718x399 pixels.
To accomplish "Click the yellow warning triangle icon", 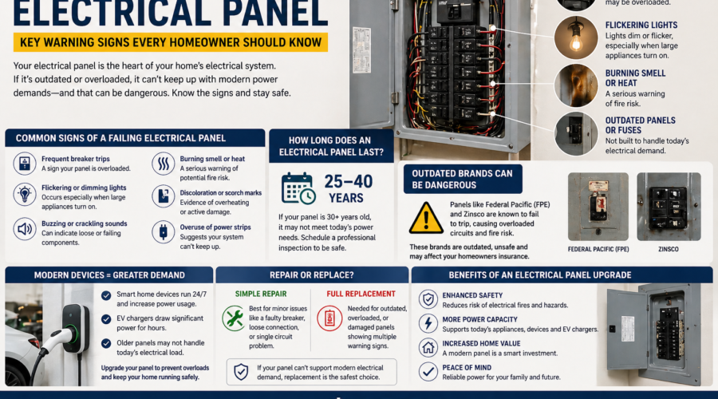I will (426, 217).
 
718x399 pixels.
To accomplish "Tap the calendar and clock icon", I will (298, 188).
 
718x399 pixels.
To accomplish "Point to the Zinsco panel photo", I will (669, 207).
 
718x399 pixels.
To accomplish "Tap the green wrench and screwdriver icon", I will (234, 318).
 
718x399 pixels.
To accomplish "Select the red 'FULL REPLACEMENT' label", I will (361, 294).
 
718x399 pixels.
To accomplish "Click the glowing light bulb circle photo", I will (576, 37).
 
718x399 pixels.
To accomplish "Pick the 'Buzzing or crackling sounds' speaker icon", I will (25, 230).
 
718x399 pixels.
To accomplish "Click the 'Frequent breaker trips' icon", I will (25, 164).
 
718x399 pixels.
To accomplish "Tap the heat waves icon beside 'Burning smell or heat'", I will (163, 164).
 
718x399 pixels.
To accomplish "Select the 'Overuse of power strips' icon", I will (163, 231).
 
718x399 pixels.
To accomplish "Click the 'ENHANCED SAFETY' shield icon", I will (428, 299).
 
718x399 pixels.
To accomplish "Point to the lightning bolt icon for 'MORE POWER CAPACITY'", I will (428, 323).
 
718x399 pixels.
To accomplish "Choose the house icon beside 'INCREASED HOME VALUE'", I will (428, 347).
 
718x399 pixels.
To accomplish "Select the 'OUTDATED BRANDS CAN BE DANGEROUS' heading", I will (463, 179).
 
